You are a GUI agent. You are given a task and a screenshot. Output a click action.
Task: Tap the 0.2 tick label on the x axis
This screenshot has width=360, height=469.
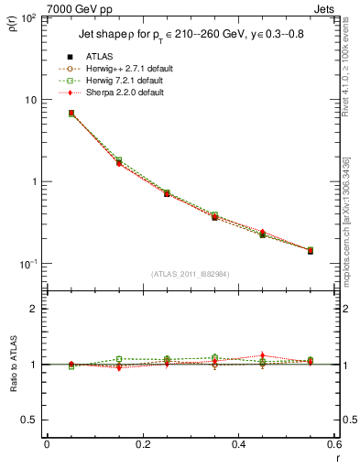[x=142, y=446]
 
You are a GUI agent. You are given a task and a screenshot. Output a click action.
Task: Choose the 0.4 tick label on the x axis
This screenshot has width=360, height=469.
[x=238, y=446]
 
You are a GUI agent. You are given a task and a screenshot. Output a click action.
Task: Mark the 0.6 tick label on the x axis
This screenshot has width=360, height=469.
[x=333, y=446]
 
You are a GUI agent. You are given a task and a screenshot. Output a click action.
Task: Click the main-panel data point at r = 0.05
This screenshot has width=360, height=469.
[x=71, y=114]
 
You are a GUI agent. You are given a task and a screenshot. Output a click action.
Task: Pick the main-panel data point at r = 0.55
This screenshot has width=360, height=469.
[x=310, y=250]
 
